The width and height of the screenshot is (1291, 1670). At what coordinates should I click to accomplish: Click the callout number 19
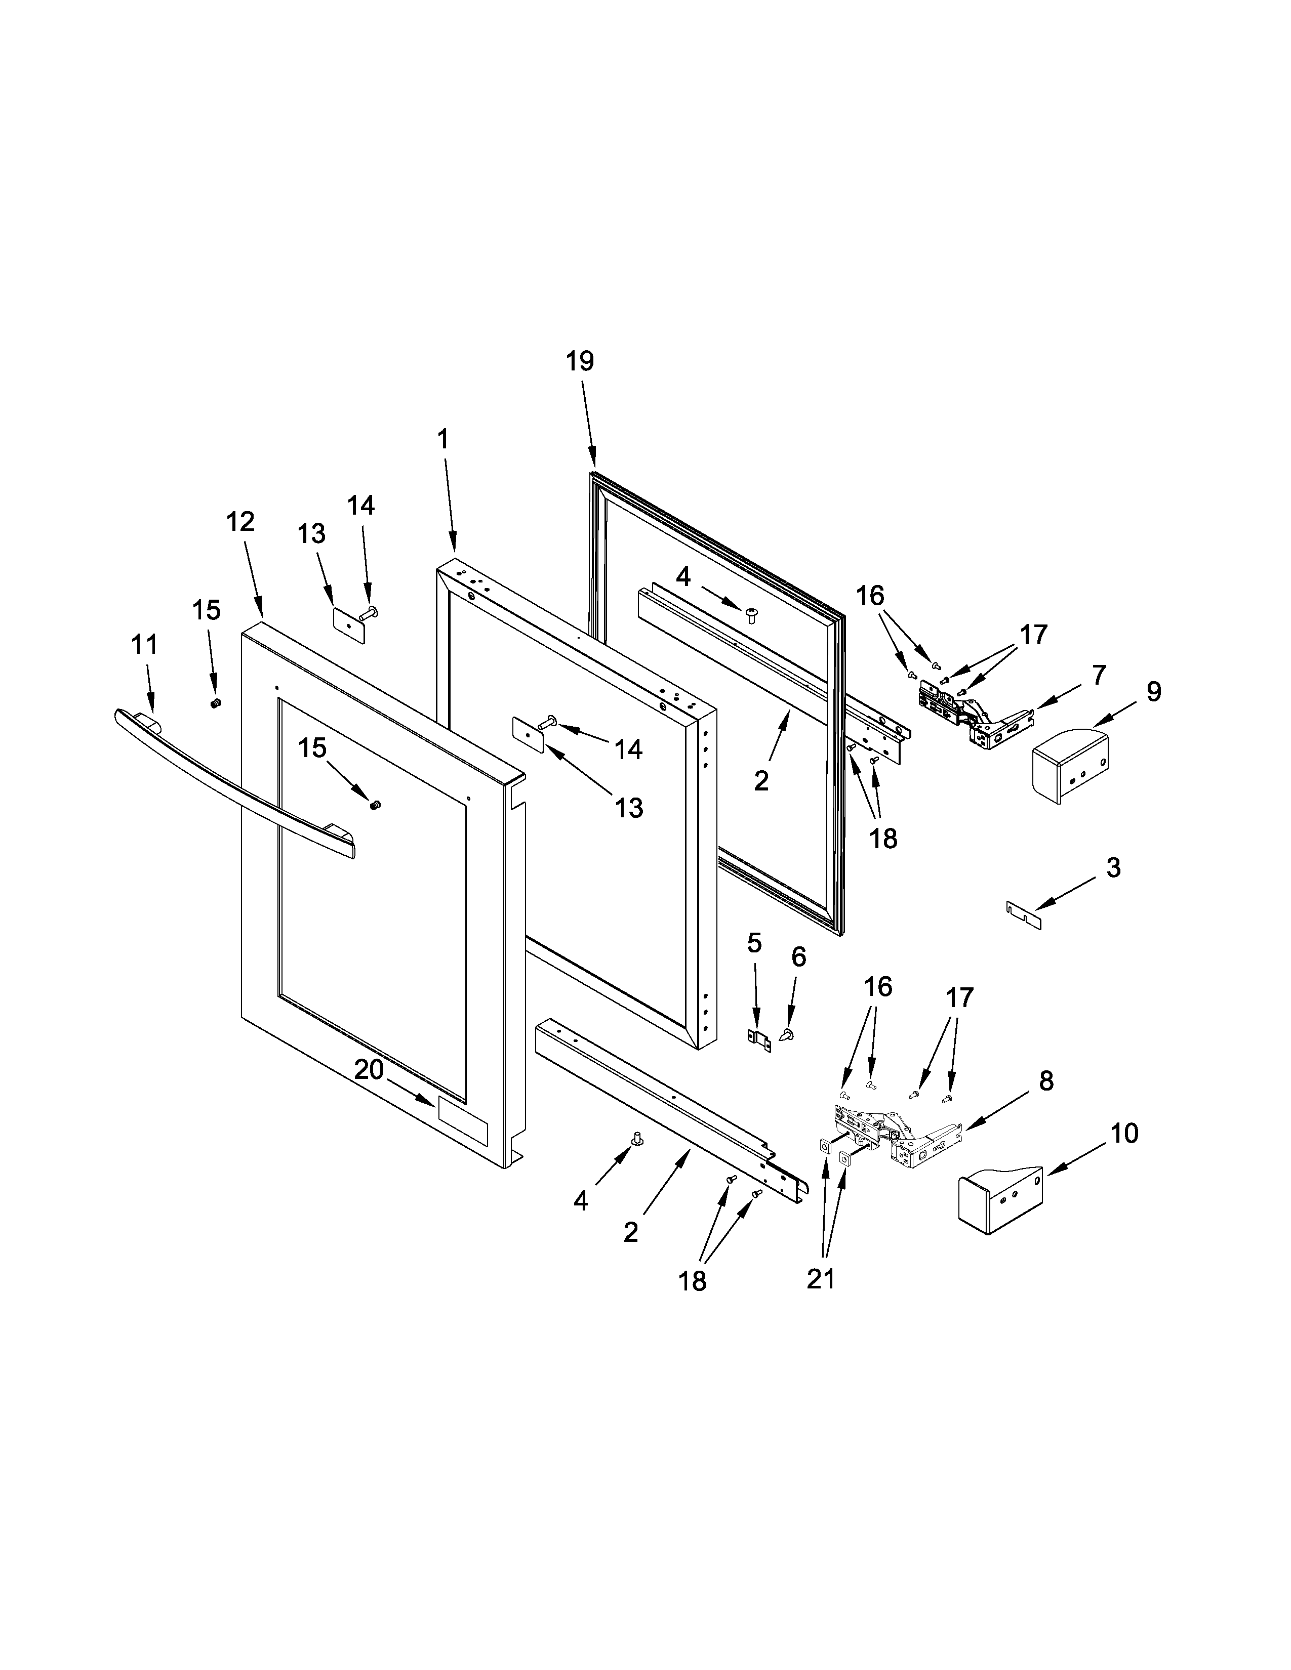click(580, 361)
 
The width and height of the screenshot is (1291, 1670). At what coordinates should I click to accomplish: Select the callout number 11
click(145, 645)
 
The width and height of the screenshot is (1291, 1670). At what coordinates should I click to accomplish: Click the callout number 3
click(1114, 868)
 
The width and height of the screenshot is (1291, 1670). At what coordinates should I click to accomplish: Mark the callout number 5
click(754, 944)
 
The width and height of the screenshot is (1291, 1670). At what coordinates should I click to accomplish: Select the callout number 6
click(798, 956)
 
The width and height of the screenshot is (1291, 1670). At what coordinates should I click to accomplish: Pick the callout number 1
click(443, 439)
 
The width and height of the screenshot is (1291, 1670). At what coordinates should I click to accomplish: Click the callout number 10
click(1124, 1133)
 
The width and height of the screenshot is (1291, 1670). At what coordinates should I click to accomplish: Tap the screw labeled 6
click(786, 1034)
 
